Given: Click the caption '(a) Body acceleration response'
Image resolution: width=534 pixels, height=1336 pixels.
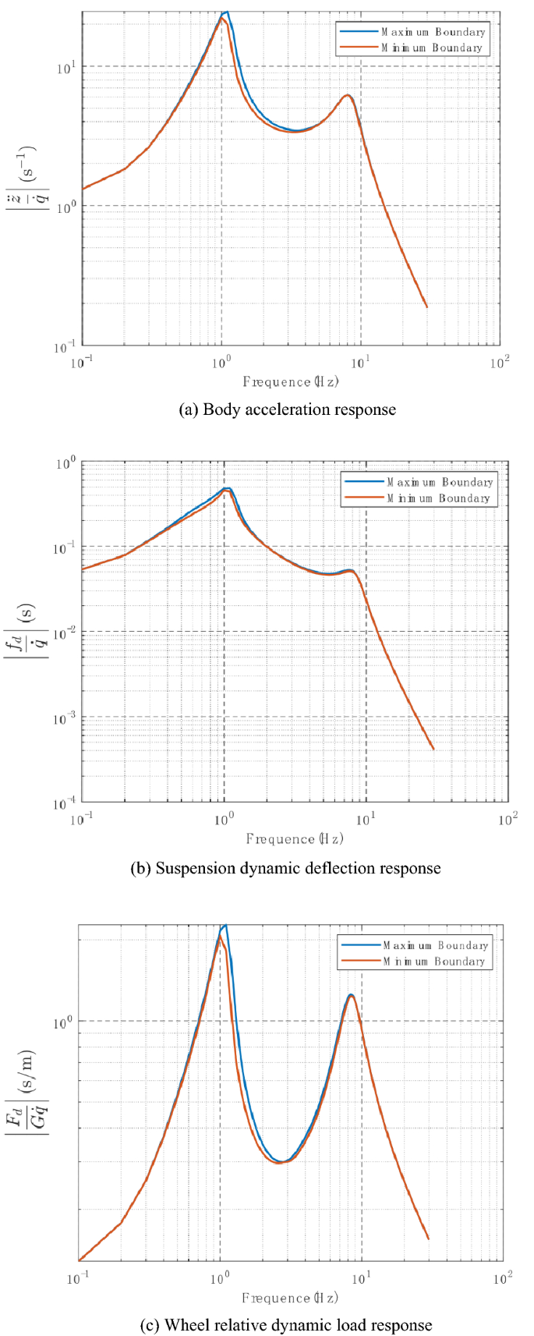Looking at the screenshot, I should pyautogui.click(x=288, y=409).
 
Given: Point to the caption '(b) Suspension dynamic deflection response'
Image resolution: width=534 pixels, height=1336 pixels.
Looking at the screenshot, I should pyautogui.click(x=285, y=868).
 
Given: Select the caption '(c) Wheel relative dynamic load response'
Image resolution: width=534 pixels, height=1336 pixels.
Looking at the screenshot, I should pyautogui.click(x=286, y=1325).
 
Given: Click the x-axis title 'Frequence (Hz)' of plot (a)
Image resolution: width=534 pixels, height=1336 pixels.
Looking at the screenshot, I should pyautogui.click(x=291, y=382).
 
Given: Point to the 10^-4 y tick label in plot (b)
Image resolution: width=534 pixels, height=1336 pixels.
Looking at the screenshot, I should pyautogui.click(x=65, y=803).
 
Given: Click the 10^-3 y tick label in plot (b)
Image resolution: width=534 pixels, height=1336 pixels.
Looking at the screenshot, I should pyautogui.click(x=65, y=718).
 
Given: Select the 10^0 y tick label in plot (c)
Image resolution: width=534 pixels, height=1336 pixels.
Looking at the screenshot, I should pyautogui.click(x=63, y=1022).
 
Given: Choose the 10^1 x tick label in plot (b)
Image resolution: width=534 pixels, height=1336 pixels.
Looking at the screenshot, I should pyautogui.click(x=366, y=819).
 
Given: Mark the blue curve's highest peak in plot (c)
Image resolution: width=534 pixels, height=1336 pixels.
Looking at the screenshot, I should pyautogui.click(x=225, y=926).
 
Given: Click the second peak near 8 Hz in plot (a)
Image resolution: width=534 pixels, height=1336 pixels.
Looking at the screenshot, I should pyautogui.click(x=348, y=95).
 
